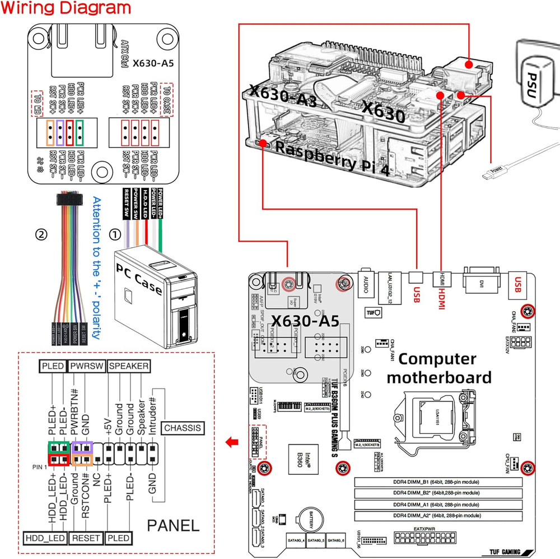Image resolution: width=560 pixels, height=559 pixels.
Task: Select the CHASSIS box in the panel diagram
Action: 182,428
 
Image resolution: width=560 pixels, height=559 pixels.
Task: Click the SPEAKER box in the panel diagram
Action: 129,366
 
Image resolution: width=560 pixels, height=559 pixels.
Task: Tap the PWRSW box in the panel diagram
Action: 87,366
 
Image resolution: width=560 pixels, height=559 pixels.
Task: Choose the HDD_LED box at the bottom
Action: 45,538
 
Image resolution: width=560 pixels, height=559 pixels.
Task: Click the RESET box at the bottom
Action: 86,538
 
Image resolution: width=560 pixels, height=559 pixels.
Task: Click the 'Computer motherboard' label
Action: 438,368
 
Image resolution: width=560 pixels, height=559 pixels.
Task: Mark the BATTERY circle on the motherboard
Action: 310,520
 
